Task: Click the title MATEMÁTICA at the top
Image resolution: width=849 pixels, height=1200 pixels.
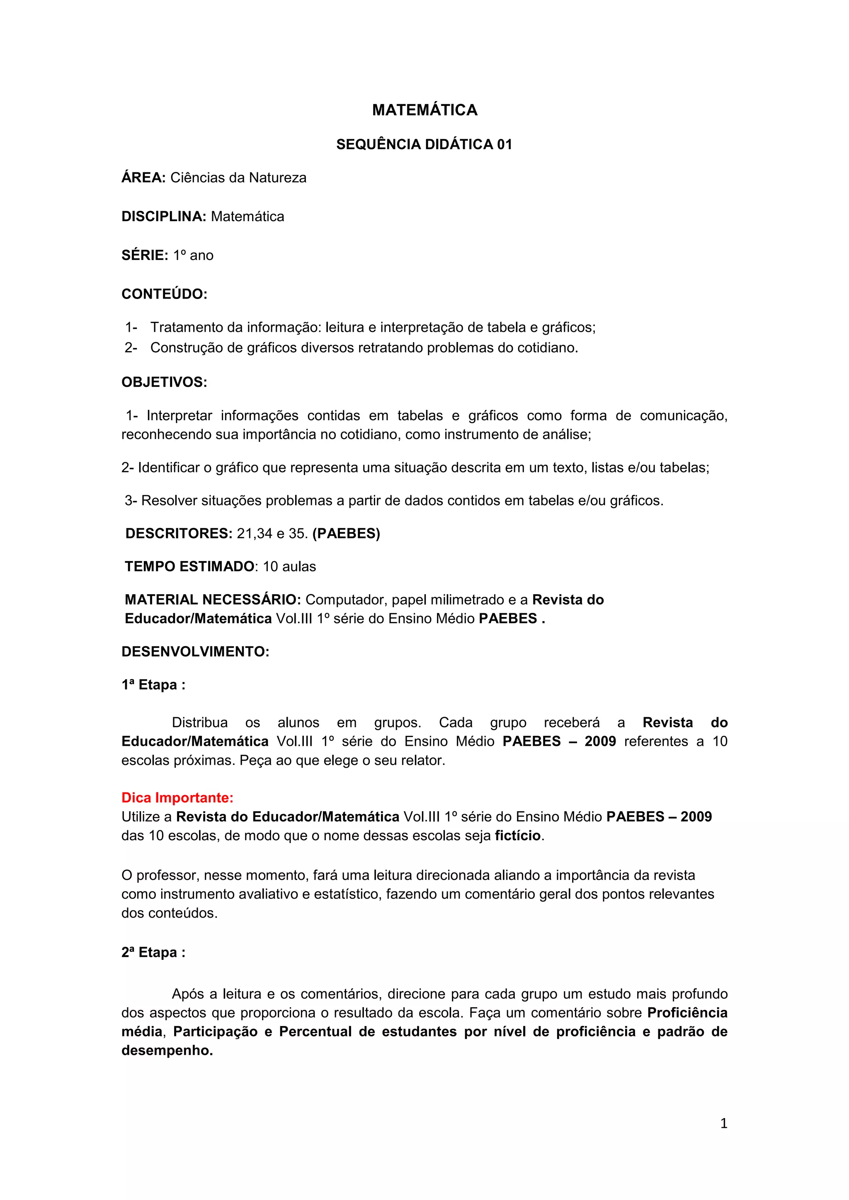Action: [x=424, y=110]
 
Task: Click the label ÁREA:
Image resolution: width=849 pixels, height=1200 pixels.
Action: [x=143, y=178]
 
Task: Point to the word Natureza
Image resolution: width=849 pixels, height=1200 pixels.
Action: [x=277, y=178]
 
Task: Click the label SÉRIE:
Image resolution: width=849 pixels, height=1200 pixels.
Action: [x=144, y=255]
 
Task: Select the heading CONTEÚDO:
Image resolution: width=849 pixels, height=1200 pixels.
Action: [x=164, y=294]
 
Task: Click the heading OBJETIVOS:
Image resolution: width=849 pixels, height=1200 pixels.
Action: [x=164, y=383]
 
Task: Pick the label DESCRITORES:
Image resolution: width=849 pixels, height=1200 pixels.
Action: [x=178, y=534]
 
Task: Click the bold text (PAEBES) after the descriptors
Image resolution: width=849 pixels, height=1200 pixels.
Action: [x=346, y=534]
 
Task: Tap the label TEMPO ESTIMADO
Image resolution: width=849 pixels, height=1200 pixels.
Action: [x=189, y=566]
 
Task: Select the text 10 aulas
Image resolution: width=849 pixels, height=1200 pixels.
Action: [x=289, y=567]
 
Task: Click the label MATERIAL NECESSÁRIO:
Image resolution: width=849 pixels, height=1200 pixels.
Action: [x=212, y=600]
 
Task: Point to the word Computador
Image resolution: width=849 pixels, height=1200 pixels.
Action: [x=346, y=600]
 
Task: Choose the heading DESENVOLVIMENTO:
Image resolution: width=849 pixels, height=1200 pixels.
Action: [x=195, y=652]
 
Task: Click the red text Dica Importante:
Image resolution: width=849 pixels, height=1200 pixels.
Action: [x=177, y=798]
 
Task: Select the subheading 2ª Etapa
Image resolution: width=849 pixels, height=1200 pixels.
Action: [x=153, y=953]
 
